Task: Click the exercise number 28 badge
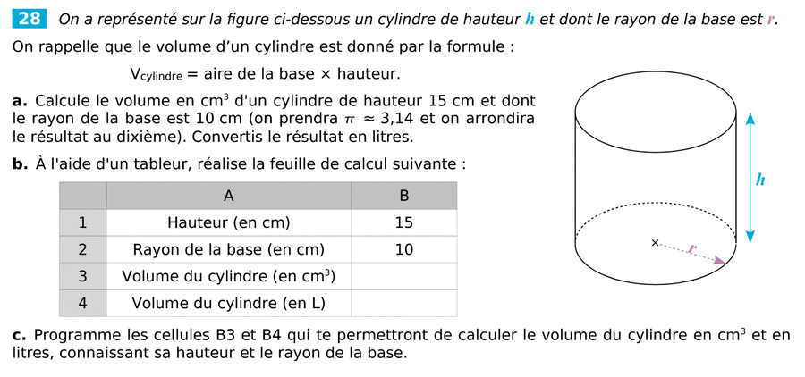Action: click(30, 18)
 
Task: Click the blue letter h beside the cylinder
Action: click(759, 180)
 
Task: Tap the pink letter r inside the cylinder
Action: click(692, 249)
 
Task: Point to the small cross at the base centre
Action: click(655, 242)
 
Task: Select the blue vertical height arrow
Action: click(750, 178)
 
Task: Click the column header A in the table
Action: click(228, 196)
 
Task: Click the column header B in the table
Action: click(403, 196)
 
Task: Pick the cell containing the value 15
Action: click(403, 222)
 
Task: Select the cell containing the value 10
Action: click(403, 249)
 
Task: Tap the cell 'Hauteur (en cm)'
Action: click(228, 222)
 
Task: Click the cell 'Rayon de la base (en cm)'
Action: click(228, 249)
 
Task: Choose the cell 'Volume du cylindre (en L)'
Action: click(228, 303)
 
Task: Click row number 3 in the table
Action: click(82, 276)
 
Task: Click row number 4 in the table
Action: click(82, 303)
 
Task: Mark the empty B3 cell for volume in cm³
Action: click(403, 276)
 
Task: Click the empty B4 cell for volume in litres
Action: click(403, 303)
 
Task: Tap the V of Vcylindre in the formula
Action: click(136, 73)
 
